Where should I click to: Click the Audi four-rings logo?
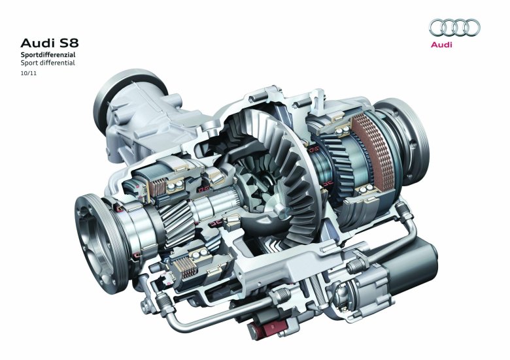coord(454,27)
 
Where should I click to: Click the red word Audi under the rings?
coord(441,44)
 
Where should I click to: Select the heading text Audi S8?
coord(50,43)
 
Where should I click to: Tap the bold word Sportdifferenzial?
coord(48,55)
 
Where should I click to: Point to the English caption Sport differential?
coord(48,63)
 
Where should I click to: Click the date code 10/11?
coord(29,73)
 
